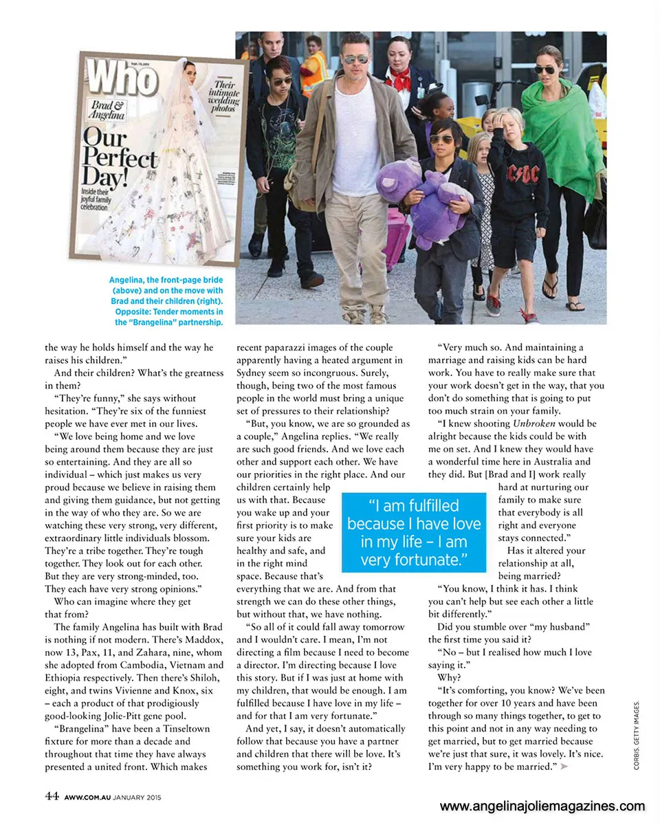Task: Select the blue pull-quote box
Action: coord(413,532)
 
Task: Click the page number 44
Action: coord(52,796)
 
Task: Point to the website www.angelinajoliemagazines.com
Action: coord(542,806)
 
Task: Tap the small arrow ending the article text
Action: coord(565,767)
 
